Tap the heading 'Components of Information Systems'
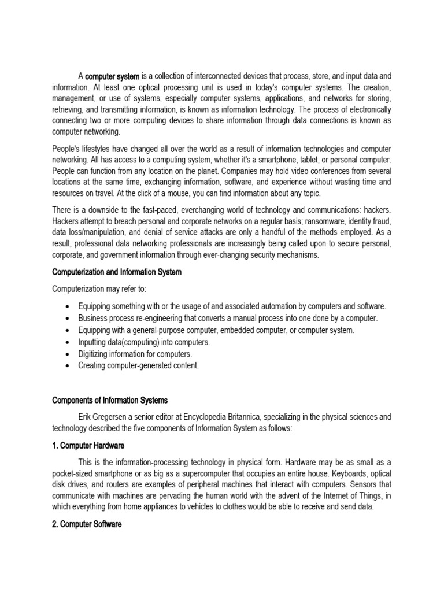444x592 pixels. (109, 400)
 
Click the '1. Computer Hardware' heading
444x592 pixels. (88, 446)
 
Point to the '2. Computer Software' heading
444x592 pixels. (87, 524)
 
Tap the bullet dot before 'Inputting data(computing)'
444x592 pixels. (69, 342)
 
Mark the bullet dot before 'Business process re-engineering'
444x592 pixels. (69, 319)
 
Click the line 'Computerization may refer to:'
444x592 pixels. (99, 289)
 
